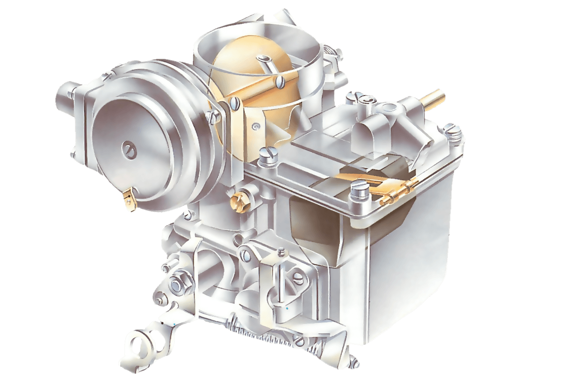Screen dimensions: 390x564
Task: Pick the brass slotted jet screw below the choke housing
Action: click(x=238, y=200)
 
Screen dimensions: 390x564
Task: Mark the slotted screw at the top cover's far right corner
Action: click(x=452, y=129)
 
